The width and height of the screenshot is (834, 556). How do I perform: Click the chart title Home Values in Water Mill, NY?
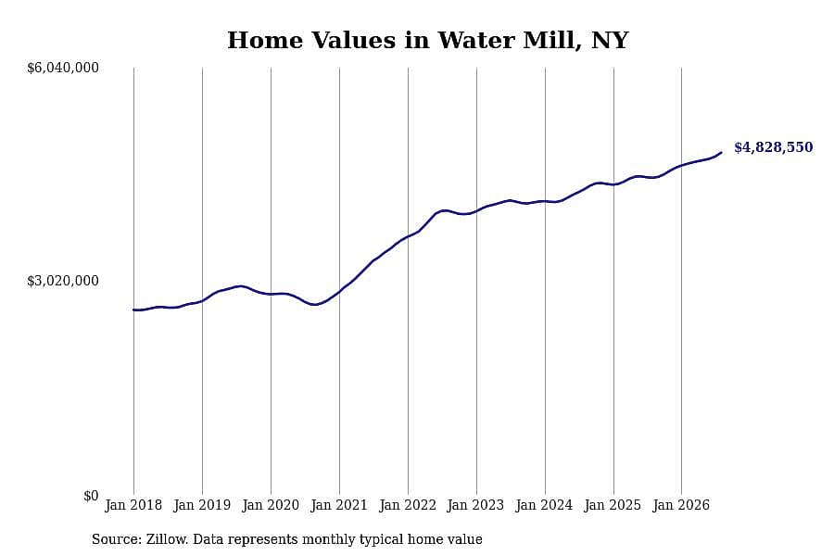pyautogui.click(x=427, y=41)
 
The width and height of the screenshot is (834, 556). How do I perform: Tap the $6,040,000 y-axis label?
pyautogui.click(x=63, y=68)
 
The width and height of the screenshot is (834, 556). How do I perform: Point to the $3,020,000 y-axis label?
pyautogui.click(x=63, y=281)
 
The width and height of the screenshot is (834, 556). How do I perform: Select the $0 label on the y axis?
pyautogui.click(x=91, y=496)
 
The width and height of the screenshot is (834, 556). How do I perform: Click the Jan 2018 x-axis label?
pyautogui.click(x=133, y=505)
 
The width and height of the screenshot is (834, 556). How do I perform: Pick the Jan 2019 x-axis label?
pyautogui.click(x=202, y=505)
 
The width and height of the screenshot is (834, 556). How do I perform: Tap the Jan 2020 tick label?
pyautogui.click(x=271, y=505)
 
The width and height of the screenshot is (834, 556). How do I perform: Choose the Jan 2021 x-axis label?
pyautogui.click(x=339, y=505)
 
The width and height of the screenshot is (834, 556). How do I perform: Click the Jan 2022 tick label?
pyautogui.click(x=408, y=505)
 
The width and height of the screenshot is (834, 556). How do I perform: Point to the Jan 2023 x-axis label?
pyautogui.click(x=476, y=505)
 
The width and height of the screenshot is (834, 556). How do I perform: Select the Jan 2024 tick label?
pyautogui.click(x=545, y=505)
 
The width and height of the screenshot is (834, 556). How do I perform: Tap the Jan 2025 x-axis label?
pyautogui.click(x=613, y=505)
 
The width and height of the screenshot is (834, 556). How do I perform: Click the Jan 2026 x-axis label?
pyautogui.click(x=681, y=505)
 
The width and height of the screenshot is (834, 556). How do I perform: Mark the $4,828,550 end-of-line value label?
pyautogui.click(x=774, y=147)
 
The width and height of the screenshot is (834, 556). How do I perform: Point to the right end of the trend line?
pyautogui.click(x=721, y=153)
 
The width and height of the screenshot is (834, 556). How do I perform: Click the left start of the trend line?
pyautogui.click(x=133, y=310)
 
